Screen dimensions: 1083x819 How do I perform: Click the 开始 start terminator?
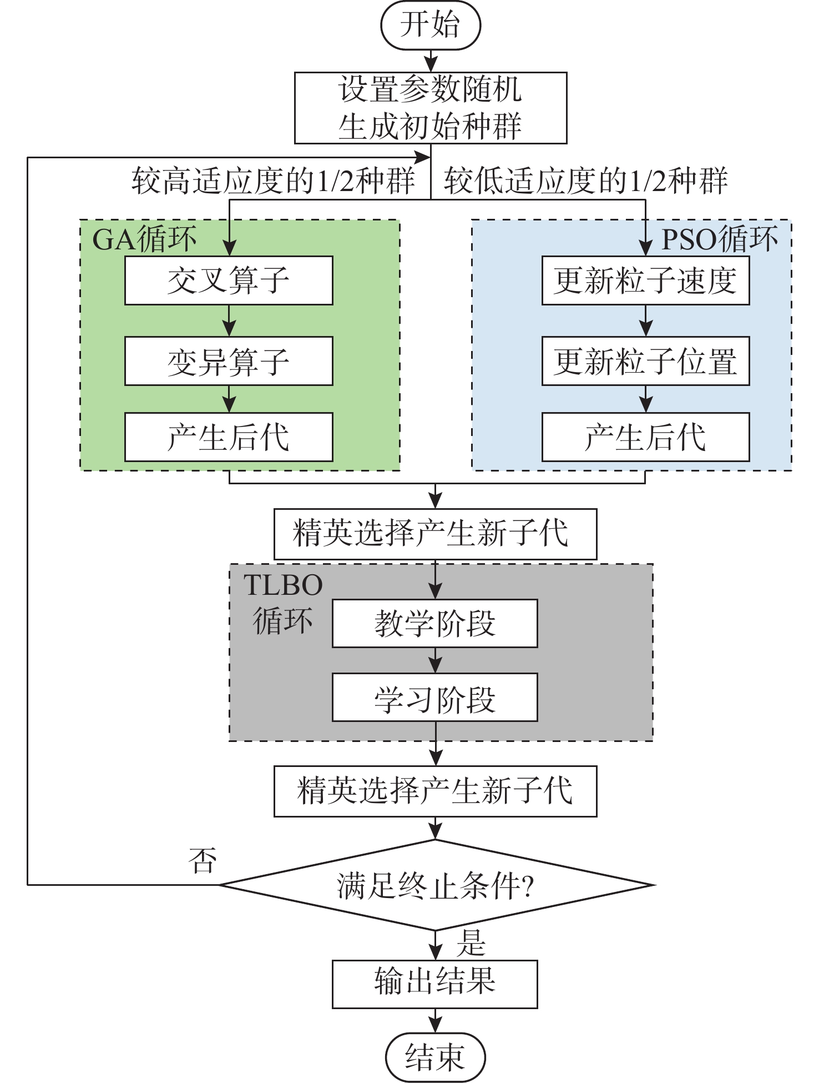pos(430,26)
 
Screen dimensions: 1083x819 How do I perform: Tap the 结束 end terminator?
pos(435,1057)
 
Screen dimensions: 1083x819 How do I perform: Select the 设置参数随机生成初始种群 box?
pos(430,108)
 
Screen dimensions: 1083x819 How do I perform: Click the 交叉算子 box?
pos(229,280)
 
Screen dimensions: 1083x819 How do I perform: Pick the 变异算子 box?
pos(229,361)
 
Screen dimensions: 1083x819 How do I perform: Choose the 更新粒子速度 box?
pos(645,280)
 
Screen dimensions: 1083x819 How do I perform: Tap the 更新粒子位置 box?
pos(645,361)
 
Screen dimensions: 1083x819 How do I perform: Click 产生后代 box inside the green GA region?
pos(229,437)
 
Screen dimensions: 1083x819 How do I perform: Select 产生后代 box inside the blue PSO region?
pos(645,437)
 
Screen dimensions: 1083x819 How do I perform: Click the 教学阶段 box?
pos(434,623)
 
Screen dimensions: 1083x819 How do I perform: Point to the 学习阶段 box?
pos(434,698)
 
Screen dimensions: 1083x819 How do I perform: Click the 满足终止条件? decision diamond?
pos(436,885)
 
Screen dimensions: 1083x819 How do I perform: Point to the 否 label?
pos(202,861)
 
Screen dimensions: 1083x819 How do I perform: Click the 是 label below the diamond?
pos(471,943)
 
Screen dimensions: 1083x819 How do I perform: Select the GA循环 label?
pos(144,239)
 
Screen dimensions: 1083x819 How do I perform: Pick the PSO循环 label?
pos(720,239)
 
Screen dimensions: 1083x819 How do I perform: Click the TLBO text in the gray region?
pos(283,585)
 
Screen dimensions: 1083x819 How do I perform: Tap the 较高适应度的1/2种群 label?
pos(273,181)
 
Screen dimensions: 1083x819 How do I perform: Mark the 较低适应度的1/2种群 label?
pos(585,181)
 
